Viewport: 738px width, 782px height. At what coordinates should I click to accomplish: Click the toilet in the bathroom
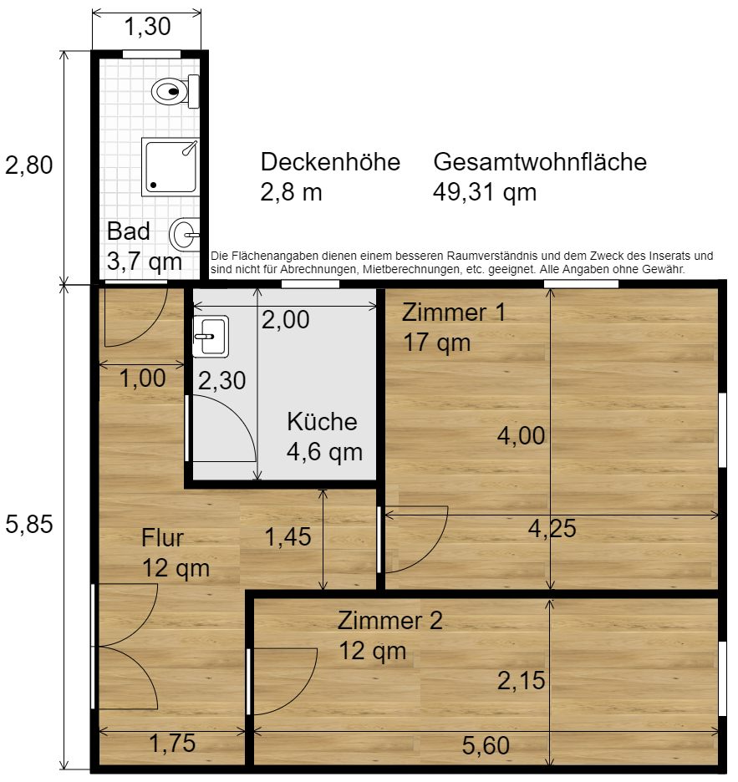pyautogui.click(x=176, y=91)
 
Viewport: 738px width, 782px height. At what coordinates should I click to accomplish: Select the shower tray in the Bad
pyautogui.click(x=171, y=166)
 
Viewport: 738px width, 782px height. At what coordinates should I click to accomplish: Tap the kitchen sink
pyautogui.click(x=211, y=336)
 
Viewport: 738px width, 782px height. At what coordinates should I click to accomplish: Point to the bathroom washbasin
pyautogui.click(x=185, y=234)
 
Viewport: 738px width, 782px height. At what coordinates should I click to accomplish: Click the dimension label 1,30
pyautogui.click(x=147, y=27)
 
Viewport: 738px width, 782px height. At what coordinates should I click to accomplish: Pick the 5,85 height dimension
pyautogui.click(x=29, y=524)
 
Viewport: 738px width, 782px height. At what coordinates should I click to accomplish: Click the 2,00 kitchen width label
pyautogui.click(x=285, y=319)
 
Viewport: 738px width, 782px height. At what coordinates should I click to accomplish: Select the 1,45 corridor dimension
pyautogui.click(x=288, y=536)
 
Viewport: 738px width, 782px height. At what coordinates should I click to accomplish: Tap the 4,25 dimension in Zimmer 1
pyautogui.click(x=552, y=528)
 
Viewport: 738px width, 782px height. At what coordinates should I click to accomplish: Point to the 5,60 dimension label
pyautogui.click(x=486, y=745)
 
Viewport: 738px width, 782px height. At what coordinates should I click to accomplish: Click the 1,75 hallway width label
pyautogui.click(x=172, y=743)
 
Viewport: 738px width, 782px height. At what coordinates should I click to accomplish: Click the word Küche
pyautogui.click(x=322, y=422)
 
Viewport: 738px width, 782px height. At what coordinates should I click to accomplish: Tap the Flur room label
pyautogui.click(x=163, y=538)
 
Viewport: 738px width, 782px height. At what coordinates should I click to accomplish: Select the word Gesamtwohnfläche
pyautogui.click(x=540, y=161)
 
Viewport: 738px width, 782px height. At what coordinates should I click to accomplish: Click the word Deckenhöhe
pyautogui.click(x=330, y=161)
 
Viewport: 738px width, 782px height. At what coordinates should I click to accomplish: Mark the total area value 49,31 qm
pyautogui.click(x=485, y=192)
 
